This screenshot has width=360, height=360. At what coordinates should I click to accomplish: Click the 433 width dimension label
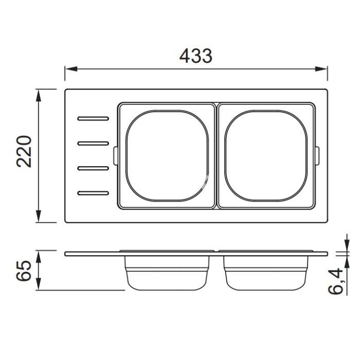click(x=196, y=56)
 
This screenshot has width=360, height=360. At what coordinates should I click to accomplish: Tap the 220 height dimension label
click(x=24, y=152)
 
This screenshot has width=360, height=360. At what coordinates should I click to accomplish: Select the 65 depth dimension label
click(x=24, y=271)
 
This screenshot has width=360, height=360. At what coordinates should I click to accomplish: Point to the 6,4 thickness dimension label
click(x=335, y=281)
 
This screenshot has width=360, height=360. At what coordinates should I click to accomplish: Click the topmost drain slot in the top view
click(x=93, y=118)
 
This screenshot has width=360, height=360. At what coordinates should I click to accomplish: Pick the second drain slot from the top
click(x=93, y=143)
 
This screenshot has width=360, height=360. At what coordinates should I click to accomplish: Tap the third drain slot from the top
click(x=93, y=168)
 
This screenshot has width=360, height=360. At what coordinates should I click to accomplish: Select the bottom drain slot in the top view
click(x=93, y=193)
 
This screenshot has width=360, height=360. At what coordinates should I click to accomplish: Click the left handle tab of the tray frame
click(x=116, y=156)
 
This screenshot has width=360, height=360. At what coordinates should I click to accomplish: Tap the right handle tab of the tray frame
click(x=317, y=156)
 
